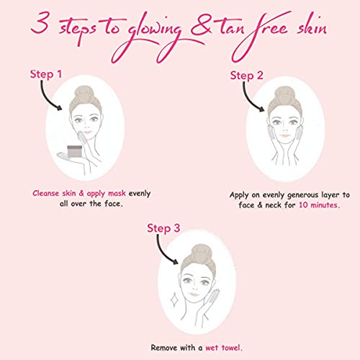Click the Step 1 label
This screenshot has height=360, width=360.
point(46,74)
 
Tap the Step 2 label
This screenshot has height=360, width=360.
point(246,76)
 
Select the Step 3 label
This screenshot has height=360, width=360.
point(163,228)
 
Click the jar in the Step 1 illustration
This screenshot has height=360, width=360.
point(75,151)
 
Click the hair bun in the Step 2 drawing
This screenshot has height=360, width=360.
point(284,94)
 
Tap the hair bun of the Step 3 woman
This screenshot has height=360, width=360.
point(202,253)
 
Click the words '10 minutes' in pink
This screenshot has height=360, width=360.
point(319,205)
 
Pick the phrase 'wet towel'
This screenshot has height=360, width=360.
point(223,348)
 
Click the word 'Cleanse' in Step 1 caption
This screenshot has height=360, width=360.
point(45,193)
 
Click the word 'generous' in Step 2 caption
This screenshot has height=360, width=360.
point(302,195)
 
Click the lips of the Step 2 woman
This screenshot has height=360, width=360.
point(285,135)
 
